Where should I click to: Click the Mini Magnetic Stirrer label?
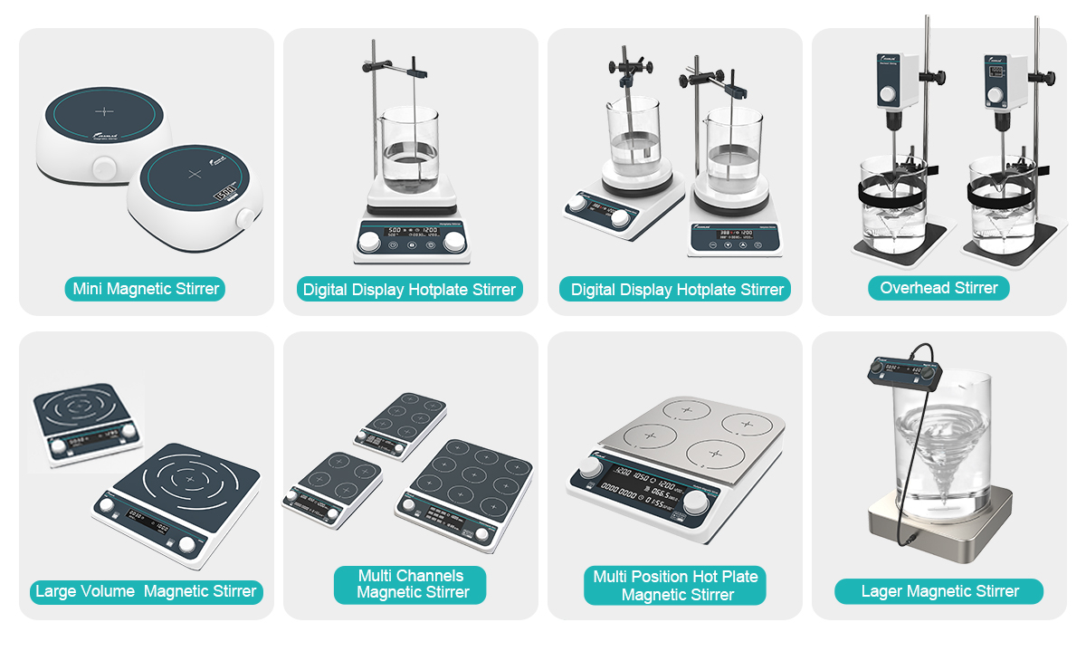(145, 290)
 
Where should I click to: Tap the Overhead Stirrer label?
(938, 288)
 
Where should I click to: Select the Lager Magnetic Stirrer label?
(938, 591)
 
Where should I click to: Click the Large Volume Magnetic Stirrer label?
(146, 592)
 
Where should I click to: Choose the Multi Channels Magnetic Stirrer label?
(410, 584)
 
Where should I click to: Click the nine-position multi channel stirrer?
(463, 489)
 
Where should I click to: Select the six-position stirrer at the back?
(399, 424)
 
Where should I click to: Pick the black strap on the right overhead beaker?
(1004, 193)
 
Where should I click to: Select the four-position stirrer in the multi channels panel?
(332, 487)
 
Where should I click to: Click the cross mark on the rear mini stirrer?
(105, 110)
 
